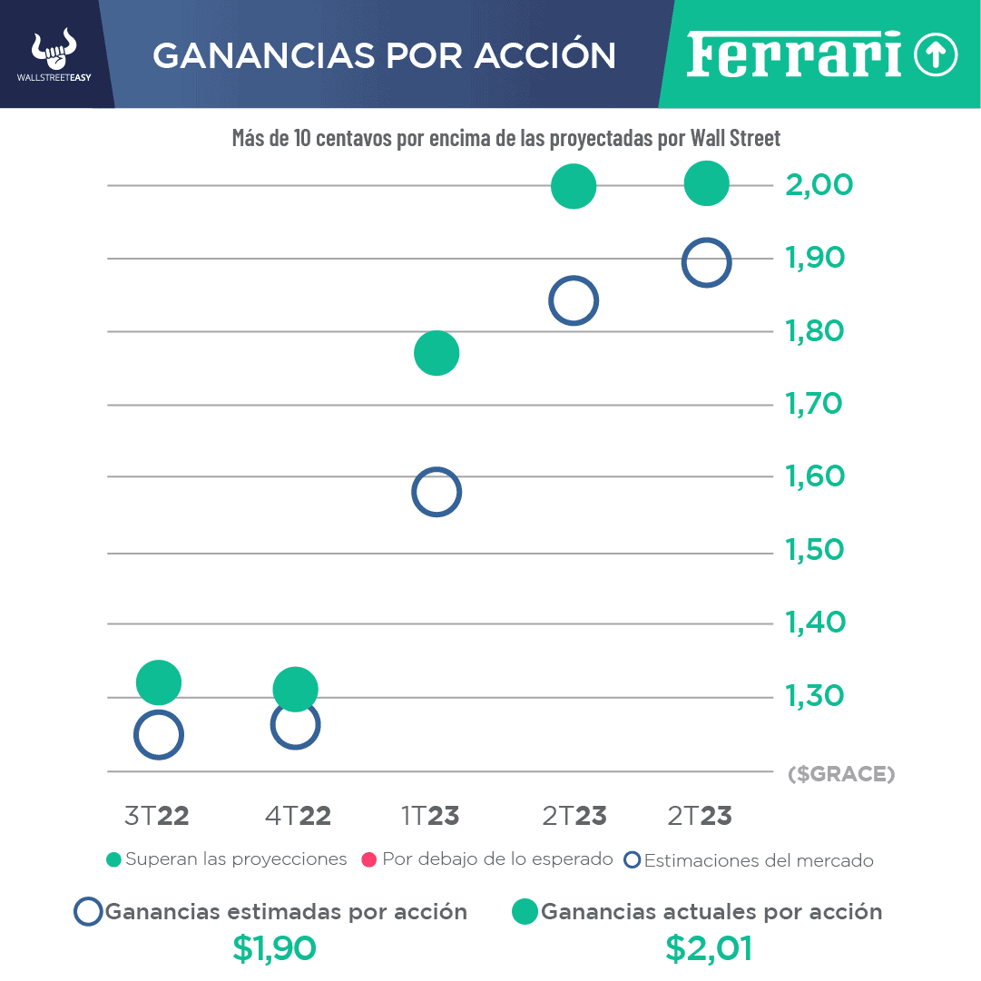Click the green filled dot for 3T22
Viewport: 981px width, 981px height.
[159, 682]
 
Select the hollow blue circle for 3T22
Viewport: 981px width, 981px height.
[159, 735]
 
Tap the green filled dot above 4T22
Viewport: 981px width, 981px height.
[295, 690]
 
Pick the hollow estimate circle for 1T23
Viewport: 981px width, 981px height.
[437, 493]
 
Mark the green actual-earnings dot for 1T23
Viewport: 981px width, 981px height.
[437, 353]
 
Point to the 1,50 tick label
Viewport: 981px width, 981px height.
[814, 550]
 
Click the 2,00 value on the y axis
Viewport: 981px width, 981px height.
[819, 185]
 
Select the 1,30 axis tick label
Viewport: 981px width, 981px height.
[814, 696]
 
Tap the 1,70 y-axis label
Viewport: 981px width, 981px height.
[814, 403]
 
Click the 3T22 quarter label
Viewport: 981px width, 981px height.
[157, 816]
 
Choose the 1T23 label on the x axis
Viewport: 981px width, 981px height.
[430, 816]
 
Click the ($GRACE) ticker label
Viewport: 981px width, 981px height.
[841, 774]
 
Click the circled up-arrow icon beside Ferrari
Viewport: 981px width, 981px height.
[936, 55]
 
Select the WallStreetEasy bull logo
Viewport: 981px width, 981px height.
[54, 55]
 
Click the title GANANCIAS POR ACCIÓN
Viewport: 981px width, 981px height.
[384, 55]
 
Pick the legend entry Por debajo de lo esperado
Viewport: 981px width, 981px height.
[487, 859]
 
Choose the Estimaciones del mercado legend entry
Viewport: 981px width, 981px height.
[750, 860]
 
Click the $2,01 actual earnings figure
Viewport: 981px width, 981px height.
[709, 948]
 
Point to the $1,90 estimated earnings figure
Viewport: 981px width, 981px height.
[274, 948]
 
